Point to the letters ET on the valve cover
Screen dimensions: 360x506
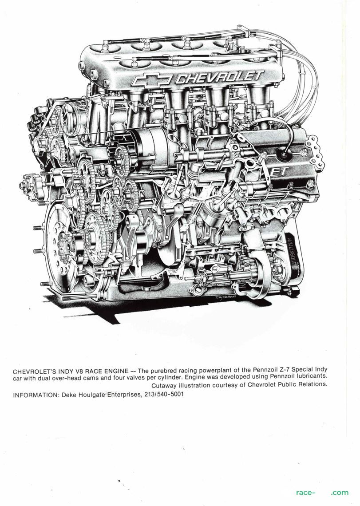pos(278,171)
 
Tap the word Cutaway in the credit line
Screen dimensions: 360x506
pos(163,385)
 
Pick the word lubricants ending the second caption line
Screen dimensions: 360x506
pos(311,376)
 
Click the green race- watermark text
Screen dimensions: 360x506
pos(304,492)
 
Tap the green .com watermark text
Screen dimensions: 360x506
pos(340,492)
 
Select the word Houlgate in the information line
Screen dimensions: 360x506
pos(91,395)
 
